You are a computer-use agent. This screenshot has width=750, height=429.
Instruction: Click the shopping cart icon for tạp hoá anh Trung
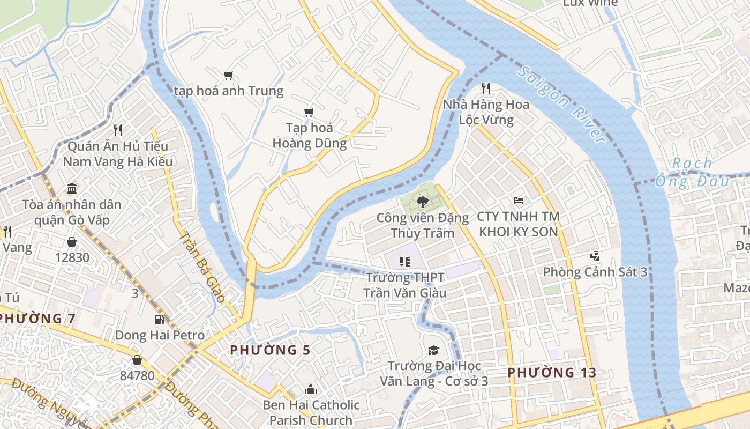click(229, 75)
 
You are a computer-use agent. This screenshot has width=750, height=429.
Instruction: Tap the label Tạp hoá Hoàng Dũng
click(309, 136)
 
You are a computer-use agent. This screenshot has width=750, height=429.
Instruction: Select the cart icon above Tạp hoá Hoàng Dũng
click(309, 112)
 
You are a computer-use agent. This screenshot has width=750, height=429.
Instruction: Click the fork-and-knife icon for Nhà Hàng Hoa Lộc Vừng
click(486, 88)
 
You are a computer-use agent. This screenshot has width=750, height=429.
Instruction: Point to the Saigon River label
click(562, 105)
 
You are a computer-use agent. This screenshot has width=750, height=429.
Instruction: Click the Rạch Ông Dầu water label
click(692, 172)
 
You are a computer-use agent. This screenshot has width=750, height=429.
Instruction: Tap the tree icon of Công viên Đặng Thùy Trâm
click(422, 202)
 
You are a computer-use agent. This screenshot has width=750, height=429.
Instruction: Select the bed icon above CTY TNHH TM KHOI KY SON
click(518, 201)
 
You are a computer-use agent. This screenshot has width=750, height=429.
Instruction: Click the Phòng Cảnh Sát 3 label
click(595, 272)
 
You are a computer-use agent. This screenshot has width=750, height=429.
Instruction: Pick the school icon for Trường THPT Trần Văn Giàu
click(405, 261)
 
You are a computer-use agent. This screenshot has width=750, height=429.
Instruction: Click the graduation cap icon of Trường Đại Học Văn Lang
click(433, 350)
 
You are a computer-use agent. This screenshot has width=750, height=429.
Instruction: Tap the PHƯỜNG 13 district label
click(552, 372)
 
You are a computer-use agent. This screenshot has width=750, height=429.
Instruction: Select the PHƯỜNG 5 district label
click(270, 350)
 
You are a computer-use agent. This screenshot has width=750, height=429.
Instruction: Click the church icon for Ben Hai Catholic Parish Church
click(311, 389)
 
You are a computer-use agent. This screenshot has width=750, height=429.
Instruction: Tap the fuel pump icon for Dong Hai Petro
click(159, 320)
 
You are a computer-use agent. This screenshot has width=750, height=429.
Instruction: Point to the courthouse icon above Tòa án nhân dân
click(72, 188)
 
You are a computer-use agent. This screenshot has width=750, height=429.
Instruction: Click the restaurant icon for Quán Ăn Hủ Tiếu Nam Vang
click(118, 130)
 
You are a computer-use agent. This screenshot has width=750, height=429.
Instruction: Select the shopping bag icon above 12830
click(72, 242)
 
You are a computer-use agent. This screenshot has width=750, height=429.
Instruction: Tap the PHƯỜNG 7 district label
click(36, 319)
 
